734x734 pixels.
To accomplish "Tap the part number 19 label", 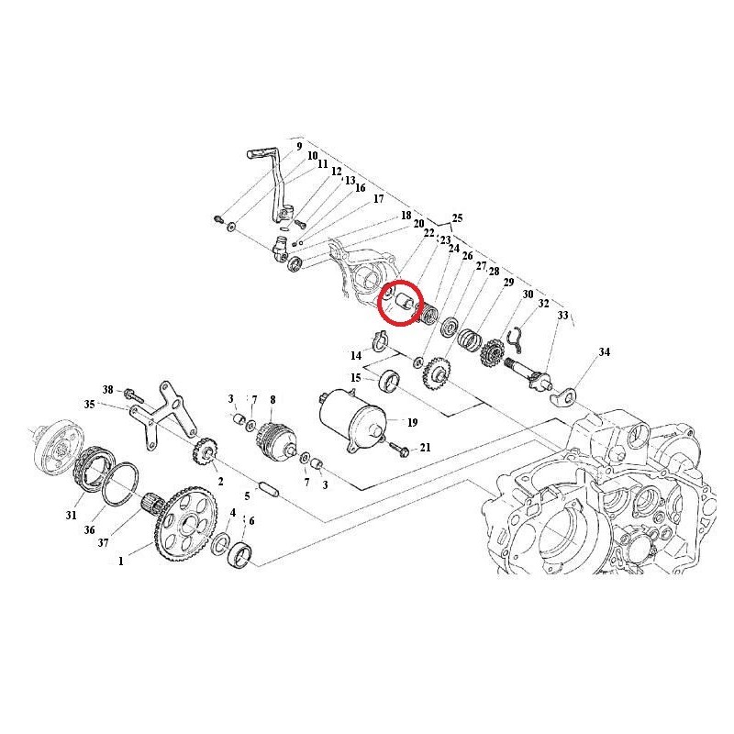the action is click(x=412, y=423).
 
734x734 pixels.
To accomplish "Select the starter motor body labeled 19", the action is click(x=353, y=420).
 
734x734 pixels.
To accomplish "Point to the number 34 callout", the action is click(x=605, y=351).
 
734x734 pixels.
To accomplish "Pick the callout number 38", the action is click(x=108, y=389).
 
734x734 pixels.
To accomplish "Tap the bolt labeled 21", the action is click(x=400, y=450).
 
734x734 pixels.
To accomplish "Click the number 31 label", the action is click(x=71, y=515).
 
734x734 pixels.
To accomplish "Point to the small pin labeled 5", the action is click(x=268, y=488).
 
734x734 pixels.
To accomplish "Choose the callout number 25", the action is click(x=457, y=218).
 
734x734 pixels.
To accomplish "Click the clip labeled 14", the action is click(x=379, y=340).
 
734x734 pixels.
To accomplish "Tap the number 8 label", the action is click(x=272, y=399).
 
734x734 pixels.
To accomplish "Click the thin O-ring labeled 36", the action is click(x=120, y=484).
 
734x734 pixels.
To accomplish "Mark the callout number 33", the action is click(x=562, y=315).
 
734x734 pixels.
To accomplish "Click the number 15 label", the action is click(x=356, y=378).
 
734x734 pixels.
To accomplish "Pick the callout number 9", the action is click(x=299, y=147).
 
